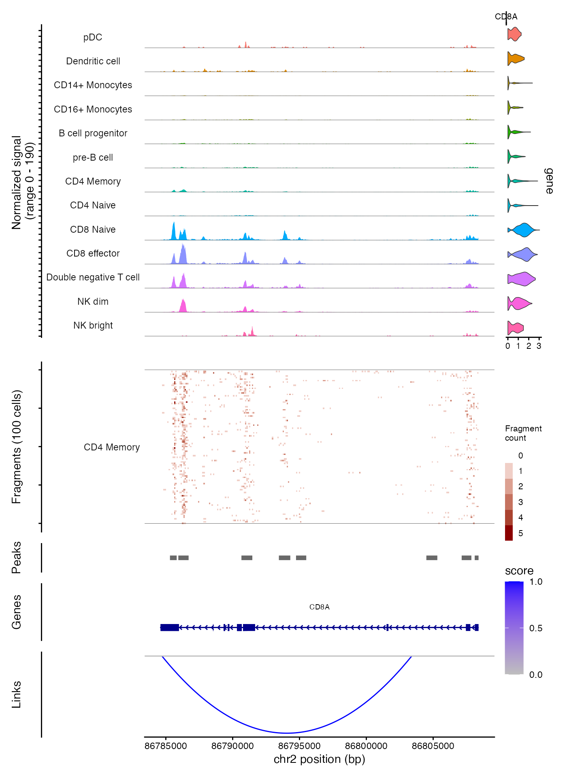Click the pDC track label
(93, 37)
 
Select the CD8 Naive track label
(93, 229)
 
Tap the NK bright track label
(93, 325)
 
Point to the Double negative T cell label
(93, 277)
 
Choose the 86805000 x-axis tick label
(433, 746)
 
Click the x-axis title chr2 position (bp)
(319, 759)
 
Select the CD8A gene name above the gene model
(319, 607)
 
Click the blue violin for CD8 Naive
(524, 230)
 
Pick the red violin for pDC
(514, 34)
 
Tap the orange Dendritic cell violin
(515, 59)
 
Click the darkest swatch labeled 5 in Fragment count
(509, 533)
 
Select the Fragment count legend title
(523, 433)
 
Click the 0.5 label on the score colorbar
(535, 628)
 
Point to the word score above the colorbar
(519, 571)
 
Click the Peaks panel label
(16, 558)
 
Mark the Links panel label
(16, 694)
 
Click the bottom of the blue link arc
(287, 733)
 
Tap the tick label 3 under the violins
(539, 346)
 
